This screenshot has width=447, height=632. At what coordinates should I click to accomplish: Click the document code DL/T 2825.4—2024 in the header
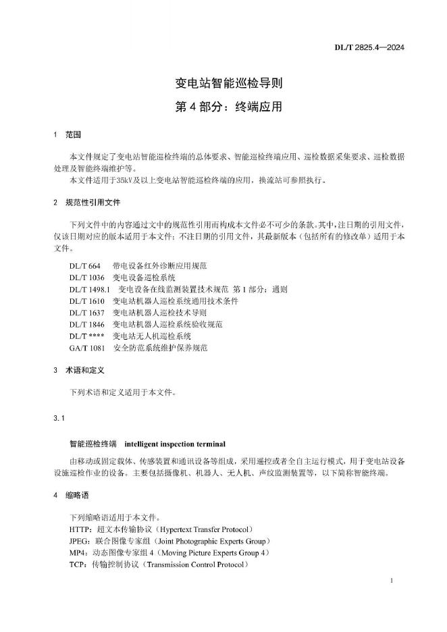click(x=369, y=48)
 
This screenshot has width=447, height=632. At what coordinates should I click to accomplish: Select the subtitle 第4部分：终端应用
click(x=223, y=107)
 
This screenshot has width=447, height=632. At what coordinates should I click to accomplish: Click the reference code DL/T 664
click(x=84, y=267)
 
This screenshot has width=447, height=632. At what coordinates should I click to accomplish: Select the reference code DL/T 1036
click(x=86, y=278)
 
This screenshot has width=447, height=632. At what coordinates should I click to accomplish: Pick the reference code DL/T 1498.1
click(x=89, y=290)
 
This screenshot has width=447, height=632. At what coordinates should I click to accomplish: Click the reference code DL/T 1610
click(x=86, y=301)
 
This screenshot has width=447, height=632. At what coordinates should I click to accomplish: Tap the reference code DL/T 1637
click(x=86, y=313)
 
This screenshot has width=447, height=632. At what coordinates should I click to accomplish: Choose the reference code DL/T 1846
click(x=86, y=324)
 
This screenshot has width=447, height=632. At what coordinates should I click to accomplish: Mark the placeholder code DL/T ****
click(x=86, y=336)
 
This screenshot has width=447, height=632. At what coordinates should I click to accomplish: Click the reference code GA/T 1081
click(x=87, y=347)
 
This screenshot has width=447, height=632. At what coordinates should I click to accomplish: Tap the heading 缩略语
click(x=77, y=496)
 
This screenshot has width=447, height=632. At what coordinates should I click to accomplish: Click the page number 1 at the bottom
click(x=392, y=581)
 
